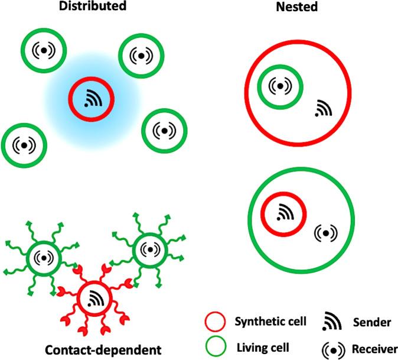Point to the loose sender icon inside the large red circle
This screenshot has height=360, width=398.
coord(322,108)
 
